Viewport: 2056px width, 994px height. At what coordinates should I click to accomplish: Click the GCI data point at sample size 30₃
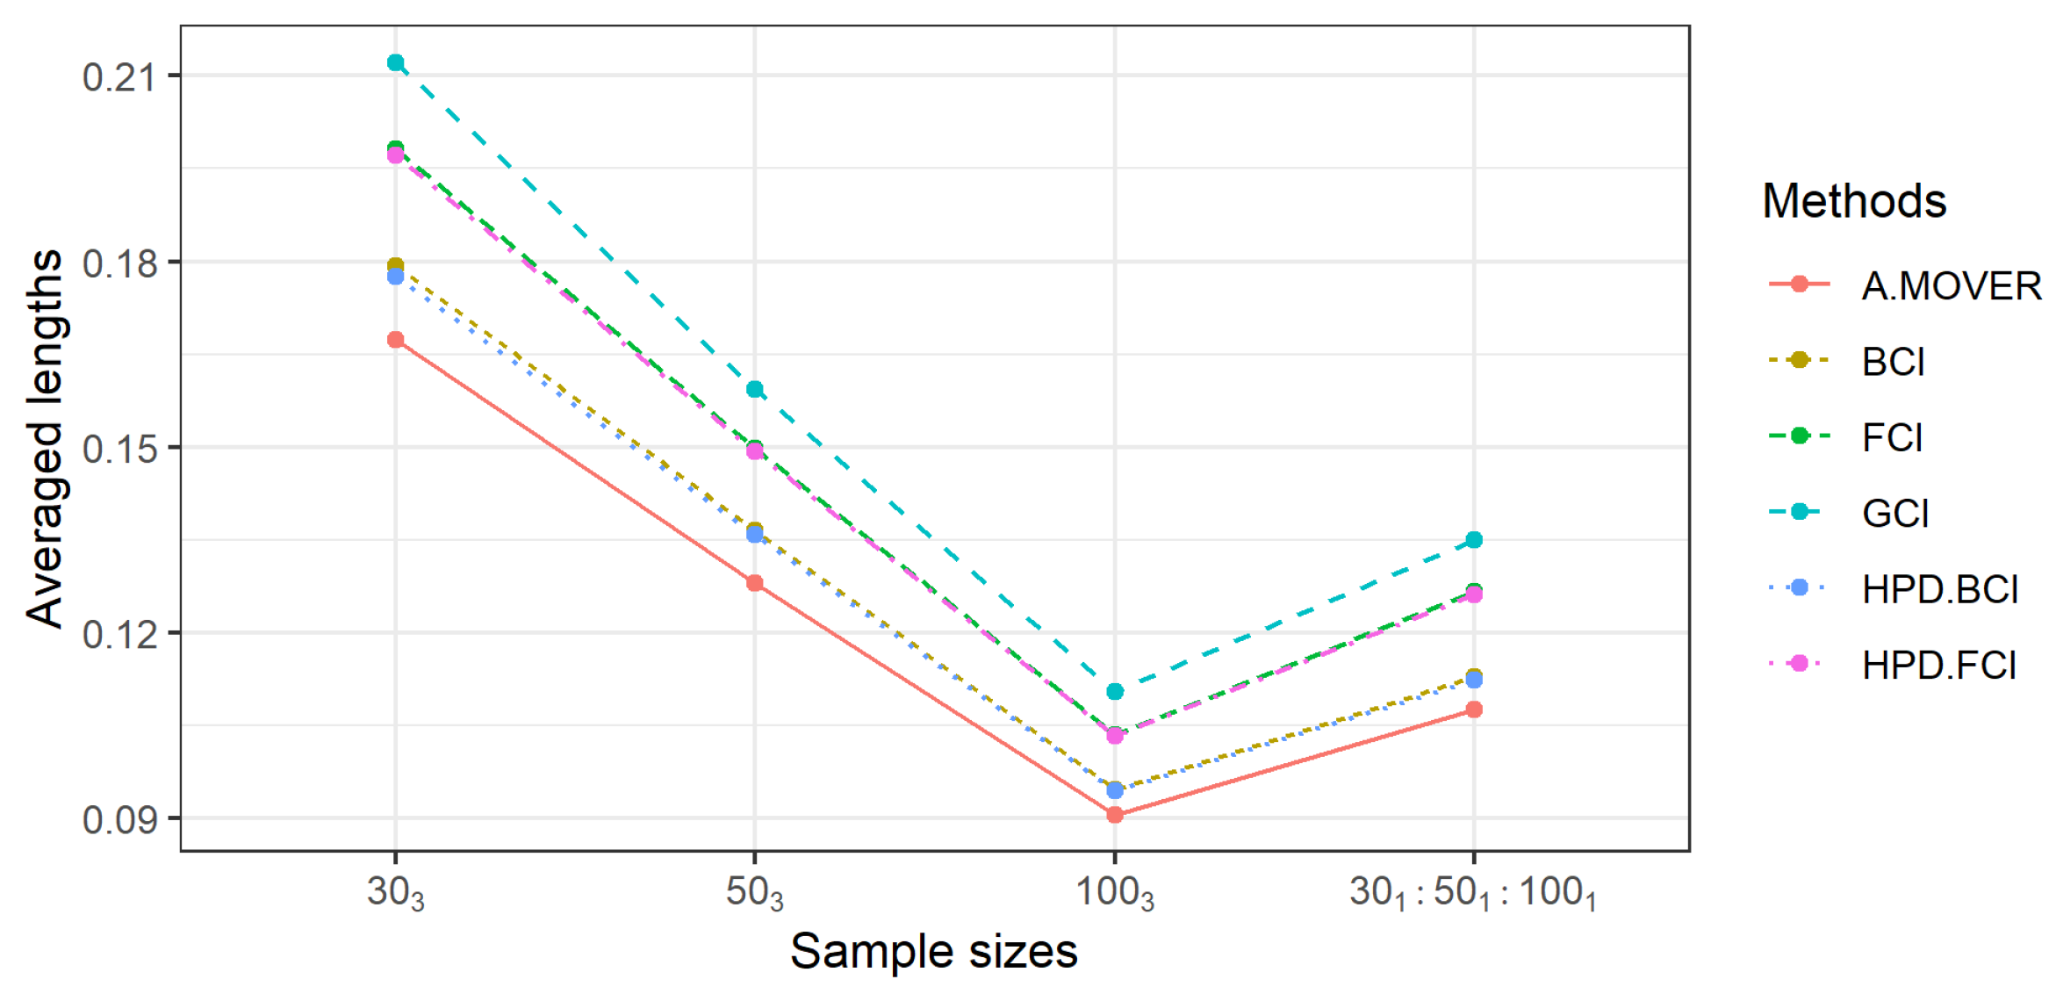pyautogui.click(x=395, y=62)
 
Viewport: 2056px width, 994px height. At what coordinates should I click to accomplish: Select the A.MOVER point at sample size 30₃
pyautogui.click(x=395, y=340)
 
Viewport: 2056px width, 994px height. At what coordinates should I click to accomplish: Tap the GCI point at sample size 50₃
pyautogui.click(x=755, y=389)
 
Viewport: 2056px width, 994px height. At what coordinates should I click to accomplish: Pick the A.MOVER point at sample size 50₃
pyautogui.click(x=755, y=583)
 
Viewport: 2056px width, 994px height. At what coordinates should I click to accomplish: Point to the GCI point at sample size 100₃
pyautogui.click(x=1115, y=692)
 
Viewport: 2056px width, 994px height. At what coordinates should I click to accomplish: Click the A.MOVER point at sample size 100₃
pyautogui.click(x=1115, y=815)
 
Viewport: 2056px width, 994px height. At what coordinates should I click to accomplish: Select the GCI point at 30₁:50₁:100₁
pyautogui.click(x=1474, y=540)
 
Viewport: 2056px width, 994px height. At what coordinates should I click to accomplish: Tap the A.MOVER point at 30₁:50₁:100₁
pyautogui.click(x=1474, y=709)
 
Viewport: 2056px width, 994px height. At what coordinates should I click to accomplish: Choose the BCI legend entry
pyautogui.click(x=1893, y=362)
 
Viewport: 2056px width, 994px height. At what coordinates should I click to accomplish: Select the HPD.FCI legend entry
pyautogui.click(x=1938, y=665)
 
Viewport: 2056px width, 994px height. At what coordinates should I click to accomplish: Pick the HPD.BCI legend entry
pyautogui.click(x=1940, y=589)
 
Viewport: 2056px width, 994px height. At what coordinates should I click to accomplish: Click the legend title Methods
pyautogui.click(x=1854, y=201)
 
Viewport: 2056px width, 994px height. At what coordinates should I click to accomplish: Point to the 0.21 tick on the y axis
pyautogui.click(x=119, y=77)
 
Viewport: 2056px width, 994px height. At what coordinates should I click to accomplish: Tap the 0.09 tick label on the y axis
pyautogui.click(x=119, y=820)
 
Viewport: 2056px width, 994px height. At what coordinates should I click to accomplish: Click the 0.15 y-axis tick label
pyautogui.click(x=119, y=449)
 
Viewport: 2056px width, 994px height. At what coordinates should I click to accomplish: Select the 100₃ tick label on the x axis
pyautogui.click(x=1115, y=894)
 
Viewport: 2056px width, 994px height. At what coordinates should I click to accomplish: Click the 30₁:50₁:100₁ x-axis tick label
pyautogui.click(x=1473, y=894)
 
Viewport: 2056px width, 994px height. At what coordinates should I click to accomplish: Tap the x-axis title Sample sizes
pyautogui.click(x=933, y=952)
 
